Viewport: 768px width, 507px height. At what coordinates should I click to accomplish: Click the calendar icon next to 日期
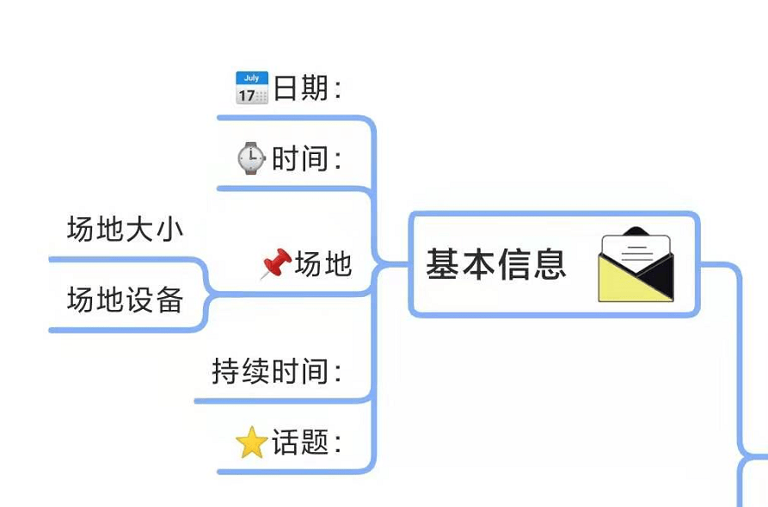tap(251, 88)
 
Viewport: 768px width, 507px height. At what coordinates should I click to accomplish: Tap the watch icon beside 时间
tap(251, 158)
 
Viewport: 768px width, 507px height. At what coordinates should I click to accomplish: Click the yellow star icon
tap(251, 443)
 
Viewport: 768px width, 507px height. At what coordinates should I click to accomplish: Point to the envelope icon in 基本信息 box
tap(636, 265)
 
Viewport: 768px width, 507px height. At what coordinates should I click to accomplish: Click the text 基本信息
tap(496, 264)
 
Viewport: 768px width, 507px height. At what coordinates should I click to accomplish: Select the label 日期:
tap(307, 88)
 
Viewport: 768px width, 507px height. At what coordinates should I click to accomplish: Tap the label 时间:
tap(306, 158)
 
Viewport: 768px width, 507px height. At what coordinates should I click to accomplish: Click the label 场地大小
tap(125, 229)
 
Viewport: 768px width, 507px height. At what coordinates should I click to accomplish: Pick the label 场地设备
tap(125, 300)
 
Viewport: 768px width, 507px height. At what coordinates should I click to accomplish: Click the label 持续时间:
tap(277, 372)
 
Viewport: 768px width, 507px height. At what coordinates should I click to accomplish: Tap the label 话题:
tap(306, 443)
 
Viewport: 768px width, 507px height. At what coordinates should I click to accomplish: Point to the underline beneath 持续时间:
tap(275, 400)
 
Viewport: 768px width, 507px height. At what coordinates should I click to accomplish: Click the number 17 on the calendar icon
tap(247, 95)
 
